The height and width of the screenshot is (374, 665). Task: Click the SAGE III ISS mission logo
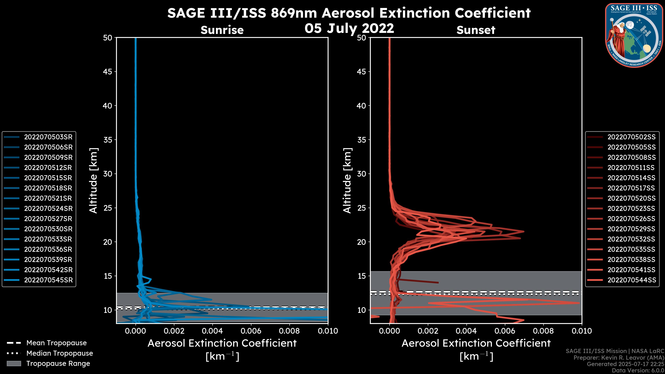coord(634,35)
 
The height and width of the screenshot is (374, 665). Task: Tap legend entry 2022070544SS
coord(631,280)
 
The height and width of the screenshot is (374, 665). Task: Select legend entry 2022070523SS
coord(631,208)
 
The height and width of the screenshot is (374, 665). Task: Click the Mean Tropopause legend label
coord(56,343)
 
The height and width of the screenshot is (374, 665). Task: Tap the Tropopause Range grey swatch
coord(14,364)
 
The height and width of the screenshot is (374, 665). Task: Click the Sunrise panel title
coord(222,30)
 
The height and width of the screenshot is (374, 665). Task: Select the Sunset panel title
coord(476,30)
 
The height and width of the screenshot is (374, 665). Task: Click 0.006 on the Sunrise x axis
coord(251,331)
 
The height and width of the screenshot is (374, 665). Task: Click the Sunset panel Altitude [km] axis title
coord(347,181)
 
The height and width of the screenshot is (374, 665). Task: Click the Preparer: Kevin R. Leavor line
coord(619,358)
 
